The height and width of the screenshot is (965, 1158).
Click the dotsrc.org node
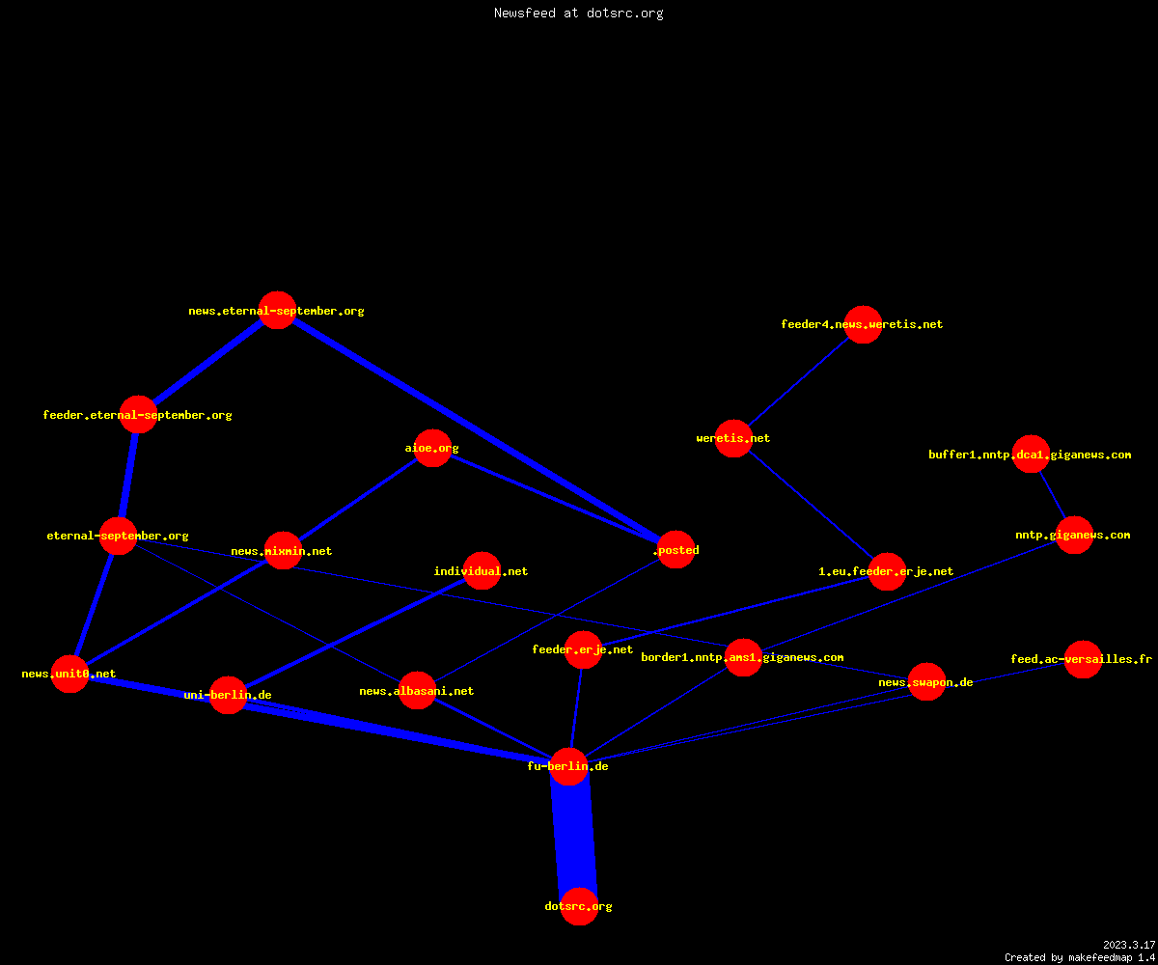point(579,906)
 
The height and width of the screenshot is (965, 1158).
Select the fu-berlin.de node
point(568,766)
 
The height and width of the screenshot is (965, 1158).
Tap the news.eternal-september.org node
point(277,310)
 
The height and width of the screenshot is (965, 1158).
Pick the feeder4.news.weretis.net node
point(863,324)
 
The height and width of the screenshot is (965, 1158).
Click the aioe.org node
point(432,448)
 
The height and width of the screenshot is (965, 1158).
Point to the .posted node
point(676,550)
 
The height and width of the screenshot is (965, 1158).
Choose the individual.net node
point(482,570)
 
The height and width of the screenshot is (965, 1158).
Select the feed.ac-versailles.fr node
point(1083,659)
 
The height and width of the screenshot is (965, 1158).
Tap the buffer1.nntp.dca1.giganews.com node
point(1031,455)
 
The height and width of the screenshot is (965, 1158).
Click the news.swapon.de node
point(926,681)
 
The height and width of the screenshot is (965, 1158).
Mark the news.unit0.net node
point(69,674)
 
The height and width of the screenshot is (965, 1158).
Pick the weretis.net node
point(733,438)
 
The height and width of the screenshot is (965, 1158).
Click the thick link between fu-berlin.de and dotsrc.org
point(574,837)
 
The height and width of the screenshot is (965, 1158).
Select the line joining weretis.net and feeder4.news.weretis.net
point(799,381)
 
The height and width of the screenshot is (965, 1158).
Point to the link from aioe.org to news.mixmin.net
point(358,499)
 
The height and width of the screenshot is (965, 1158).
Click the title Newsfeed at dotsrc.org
point(578,14)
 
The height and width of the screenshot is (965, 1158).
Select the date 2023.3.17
point(1129,945)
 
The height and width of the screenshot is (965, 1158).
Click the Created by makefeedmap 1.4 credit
point(1080,958)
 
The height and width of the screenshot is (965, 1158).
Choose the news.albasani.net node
point(417,691)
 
